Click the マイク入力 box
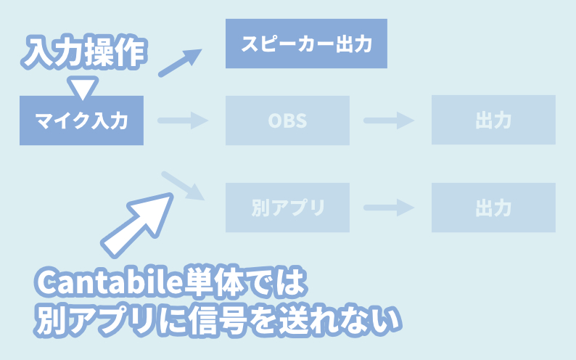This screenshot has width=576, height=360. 81,120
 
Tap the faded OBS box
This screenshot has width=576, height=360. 287,120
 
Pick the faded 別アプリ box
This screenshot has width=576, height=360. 287,208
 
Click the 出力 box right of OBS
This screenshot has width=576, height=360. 493,120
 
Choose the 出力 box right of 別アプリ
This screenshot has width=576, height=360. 493,208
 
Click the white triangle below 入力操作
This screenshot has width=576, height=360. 82,88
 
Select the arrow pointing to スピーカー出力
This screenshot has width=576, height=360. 179,63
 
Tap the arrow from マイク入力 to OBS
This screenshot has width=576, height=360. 182,120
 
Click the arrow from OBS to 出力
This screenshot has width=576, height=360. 389,120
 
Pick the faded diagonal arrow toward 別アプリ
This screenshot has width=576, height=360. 184,187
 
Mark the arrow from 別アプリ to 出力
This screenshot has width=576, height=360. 389,208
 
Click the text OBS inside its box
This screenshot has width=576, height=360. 287,120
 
